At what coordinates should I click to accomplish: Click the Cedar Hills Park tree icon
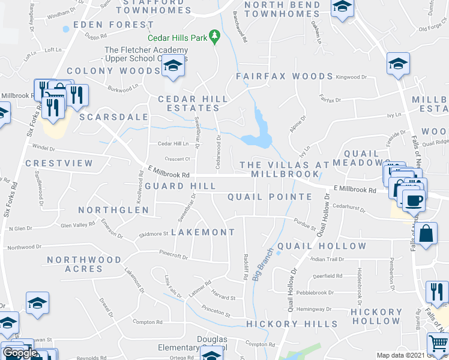[x=212, y=37]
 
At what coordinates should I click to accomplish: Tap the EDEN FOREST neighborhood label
[x=113, y=25]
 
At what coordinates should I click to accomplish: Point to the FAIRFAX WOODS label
[x=284, y=77]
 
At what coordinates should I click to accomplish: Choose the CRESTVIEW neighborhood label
[x=59, y=163]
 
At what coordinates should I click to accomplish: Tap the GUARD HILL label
[x=172, y=186]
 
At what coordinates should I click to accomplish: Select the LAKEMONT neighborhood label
[x=203, y=232]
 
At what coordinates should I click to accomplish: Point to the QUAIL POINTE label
[x=270, y=197]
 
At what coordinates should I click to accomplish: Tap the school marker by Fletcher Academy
[x=173, y=65]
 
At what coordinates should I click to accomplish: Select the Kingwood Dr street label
[x=351, y=77]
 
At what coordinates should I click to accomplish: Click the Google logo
[x=20, y=353]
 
